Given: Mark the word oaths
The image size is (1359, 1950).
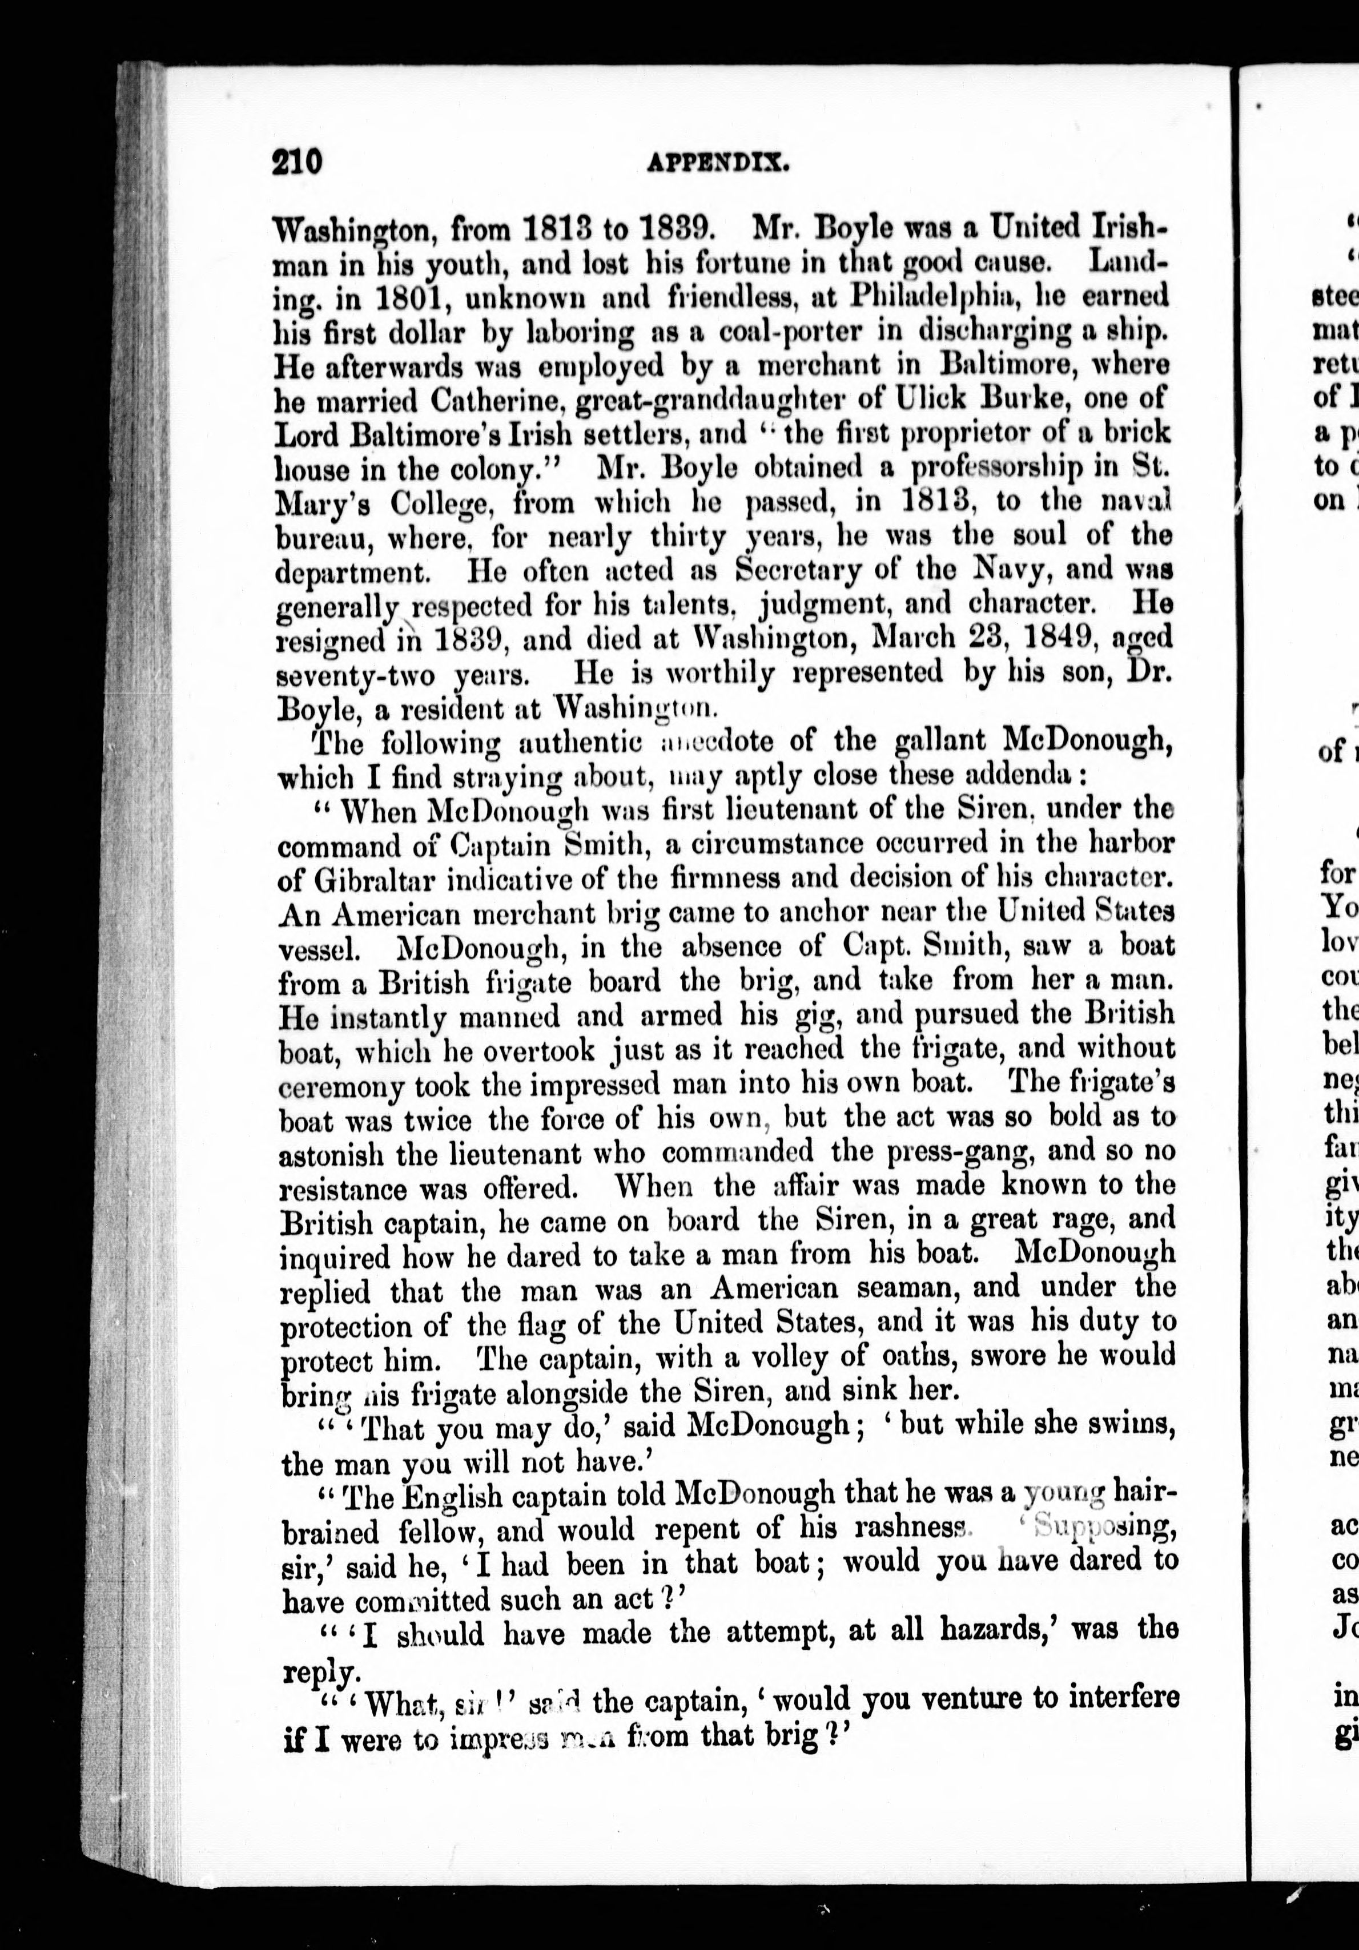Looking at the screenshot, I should tap(881, 1356).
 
